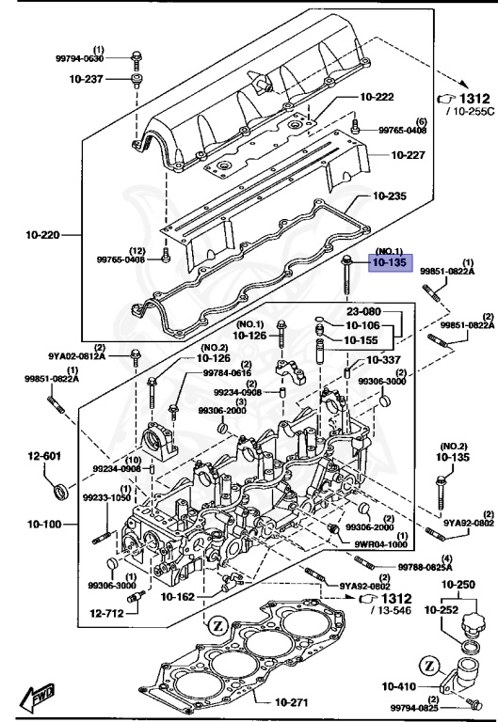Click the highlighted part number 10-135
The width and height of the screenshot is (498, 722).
(388, 264)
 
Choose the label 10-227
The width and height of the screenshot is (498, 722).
(410, 154)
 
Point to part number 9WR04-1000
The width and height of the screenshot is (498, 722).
(381, 543)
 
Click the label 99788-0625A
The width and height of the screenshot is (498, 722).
(426, 568)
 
